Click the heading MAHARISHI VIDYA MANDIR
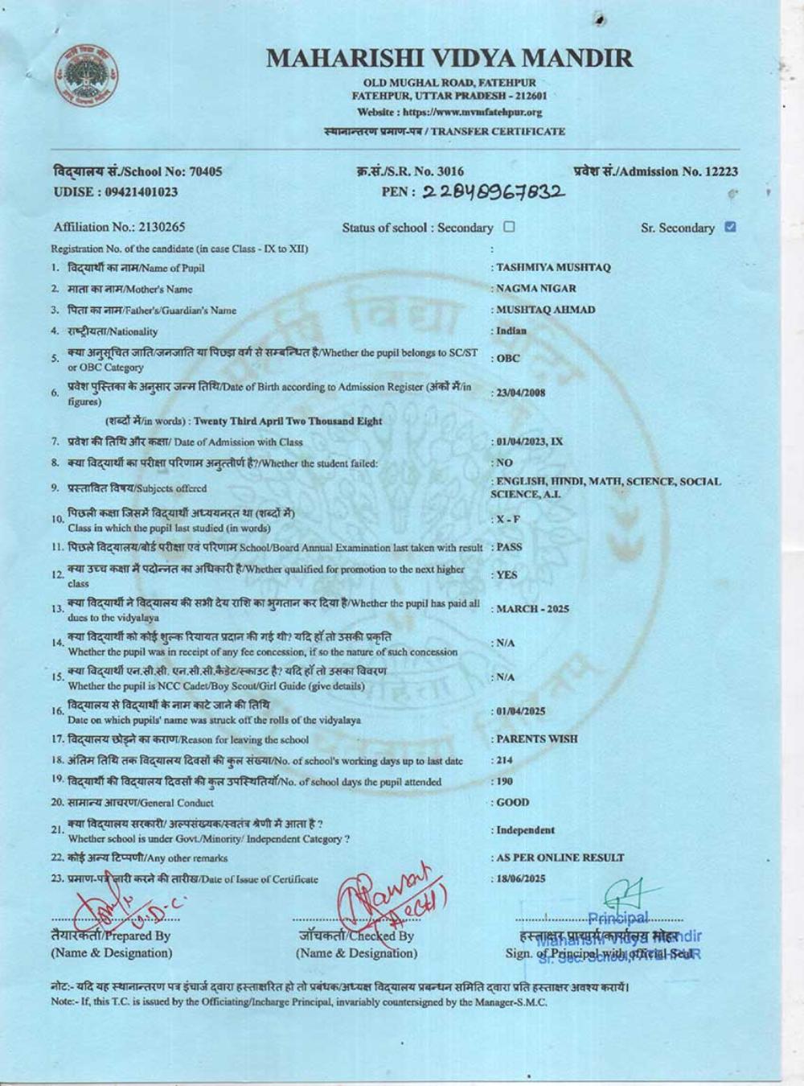click(x=449, y=59)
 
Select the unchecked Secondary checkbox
click(x=509, y=228)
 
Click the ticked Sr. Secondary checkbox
click(x=729, y=228)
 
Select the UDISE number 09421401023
click(x=138, y=192)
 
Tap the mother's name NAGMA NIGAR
click(x=536, y=289)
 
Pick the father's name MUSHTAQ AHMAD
click(x=546, y=310)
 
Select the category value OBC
click(x=508, y=359)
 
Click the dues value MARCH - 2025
click(x=532, y=609)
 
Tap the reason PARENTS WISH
click(x=537, y=738)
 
